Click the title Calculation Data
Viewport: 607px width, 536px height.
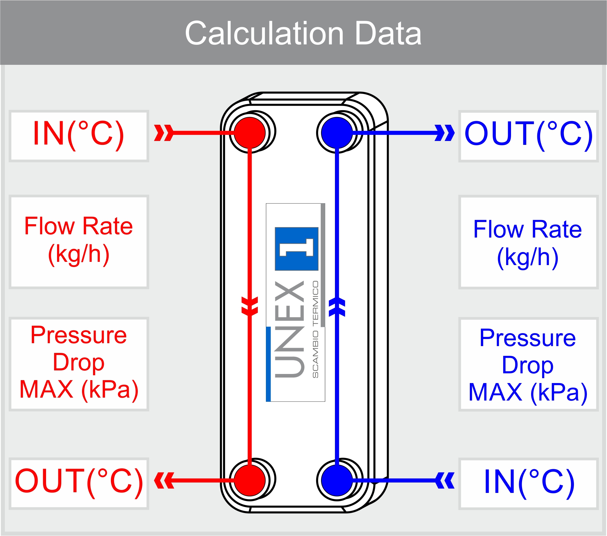(303, 33)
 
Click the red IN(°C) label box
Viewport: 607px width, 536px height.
(79, 136)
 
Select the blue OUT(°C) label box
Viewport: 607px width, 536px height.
(528, 136)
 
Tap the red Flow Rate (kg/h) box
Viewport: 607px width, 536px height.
(79, 241)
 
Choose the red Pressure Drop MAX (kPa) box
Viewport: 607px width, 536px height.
(79, 364)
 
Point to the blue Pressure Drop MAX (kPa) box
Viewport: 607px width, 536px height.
(528, 364)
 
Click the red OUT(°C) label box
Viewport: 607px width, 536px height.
(79, 483)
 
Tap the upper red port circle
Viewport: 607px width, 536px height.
(250, 133)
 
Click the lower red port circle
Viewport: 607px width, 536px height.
(250, 480)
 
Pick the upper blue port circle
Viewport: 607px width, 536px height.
(337, 133)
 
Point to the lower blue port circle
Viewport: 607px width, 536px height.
(337, 480)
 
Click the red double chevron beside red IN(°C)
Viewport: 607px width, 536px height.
(164, 133)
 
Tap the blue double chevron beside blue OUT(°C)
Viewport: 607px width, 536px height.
(445, 133)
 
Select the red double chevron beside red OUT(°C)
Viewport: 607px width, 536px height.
(164, 480)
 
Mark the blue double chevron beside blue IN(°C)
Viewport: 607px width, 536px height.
(445, 480)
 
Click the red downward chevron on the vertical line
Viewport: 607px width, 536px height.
(250, 306)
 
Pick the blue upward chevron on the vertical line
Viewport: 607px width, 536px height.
(337, 307)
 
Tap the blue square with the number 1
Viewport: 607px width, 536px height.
(296, 249)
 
